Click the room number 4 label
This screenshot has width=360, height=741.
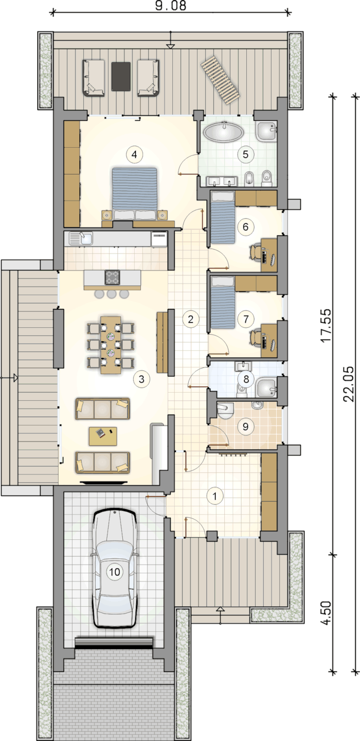point(134,154)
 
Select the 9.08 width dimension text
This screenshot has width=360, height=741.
point(171,6)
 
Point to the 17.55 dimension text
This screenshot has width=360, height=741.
point(326,325)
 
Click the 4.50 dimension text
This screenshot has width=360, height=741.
point(326,613)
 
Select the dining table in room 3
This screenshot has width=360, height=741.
point(111,345)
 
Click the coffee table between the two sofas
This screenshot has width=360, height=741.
point(102,436)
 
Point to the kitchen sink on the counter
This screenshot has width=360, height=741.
point(81,238)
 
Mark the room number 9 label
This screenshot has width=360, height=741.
point(245,426)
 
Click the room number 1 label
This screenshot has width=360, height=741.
point(215,496)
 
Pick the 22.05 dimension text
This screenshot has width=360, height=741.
point(349,383)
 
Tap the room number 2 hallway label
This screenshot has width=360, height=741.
point(190,319)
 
